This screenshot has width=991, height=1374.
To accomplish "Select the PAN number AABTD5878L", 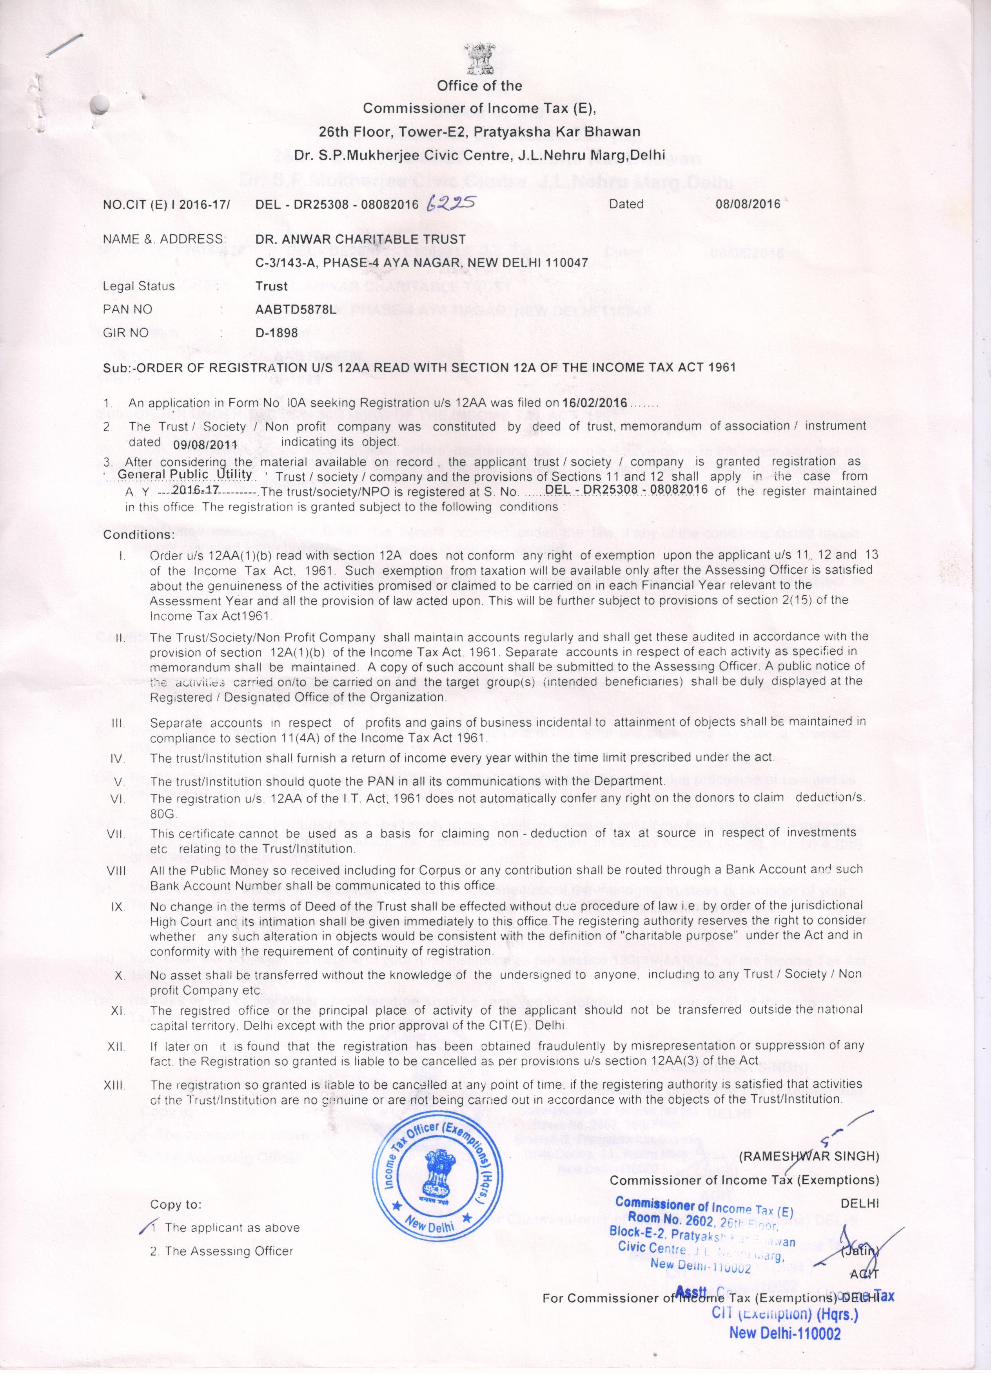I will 295,310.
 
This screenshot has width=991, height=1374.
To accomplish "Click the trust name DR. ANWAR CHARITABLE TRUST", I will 361,239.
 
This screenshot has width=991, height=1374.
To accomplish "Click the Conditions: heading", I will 139,535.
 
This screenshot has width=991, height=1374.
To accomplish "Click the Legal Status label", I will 139,286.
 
